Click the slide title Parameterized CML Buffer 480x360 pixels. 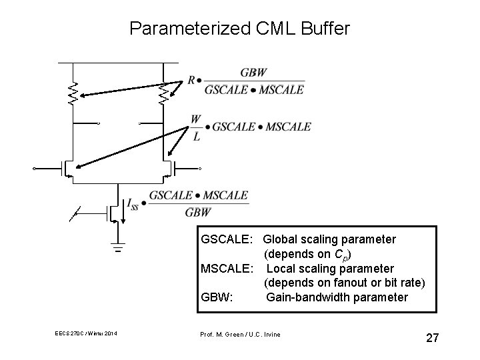pos(239,29)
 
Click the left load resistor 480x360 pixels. pos(73,94)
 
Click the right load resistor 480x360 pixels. pos(163,94)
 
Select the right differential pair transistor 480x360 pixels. pos(170,169)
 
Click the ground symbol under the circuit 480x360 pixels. pos(119,249)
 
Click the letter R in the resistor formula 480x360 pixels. pos(191,80)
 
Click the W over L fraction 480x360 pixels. pos(195,127)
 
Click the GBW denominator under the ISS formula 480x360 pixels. pos(197,213)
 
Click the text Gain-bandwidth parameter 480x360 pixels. pos(337,297)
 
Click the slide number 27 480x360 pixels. pos(432,338)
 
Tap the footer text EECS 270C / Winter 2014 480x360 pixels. pos(86,335)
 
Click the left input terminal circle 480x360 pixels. pos(35,169)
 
